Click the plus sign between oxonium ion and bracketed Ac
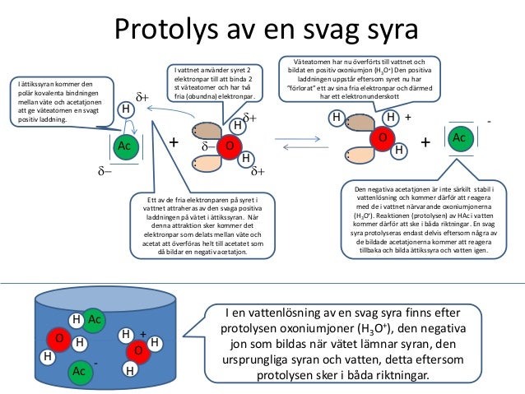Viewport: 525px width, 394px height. coord(425,142)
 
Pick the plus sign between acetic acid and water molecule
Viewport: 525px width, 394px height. coord(174,143)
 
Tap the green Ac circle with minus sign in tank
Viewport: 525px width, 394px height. coord(80,372)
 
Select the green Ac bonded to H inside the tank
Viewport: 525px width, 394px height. coord(94,319)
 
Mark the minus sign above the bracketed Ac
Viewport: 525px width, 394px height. coord(489,121)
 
